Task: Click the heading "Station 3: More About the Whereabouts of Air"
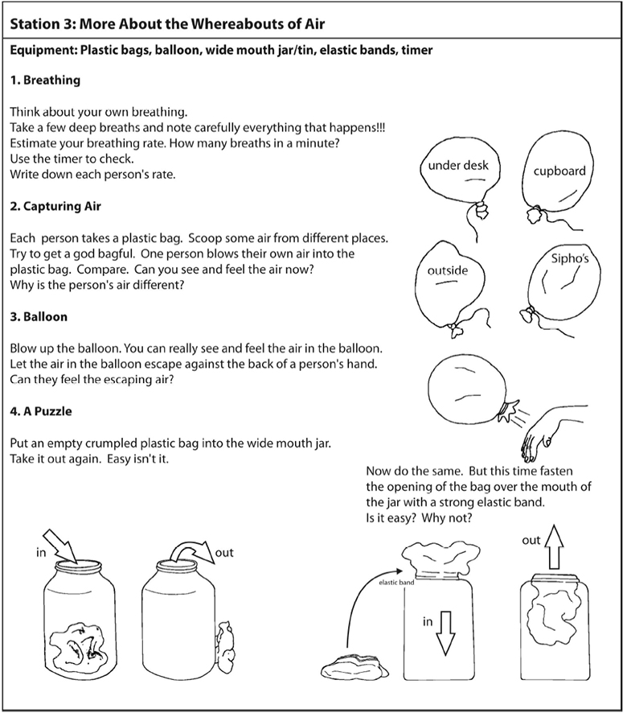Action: tap(167, 23)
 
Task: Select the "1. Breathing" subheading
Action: tap(45, 80)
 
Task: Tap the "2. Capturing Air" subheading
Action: tap(55, 206)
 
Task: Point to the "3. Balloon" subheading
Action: tap(39, 316)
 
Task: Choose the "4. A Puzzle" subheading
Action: tap(41, 411)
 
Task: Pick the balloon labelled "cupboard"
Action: tap(559, 173)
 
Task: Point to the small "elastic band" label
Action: tap(396, 583)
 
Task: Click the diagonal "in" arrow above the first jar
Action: tap(64, 546)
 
